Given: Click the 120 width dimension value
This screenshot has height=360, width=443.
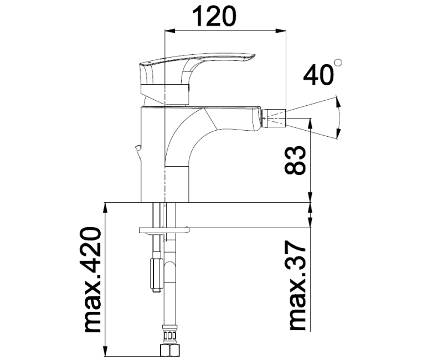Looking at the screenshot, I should coord(213,17).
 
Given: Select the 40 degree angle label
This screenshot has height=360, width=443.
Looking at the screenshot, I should coord(318,74).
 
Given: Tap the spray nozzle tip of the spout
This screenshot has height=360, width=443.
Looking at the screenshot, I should coord(276,117).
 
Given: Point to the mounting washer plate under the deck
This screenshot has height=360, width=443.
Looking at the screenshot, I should coord(163,229).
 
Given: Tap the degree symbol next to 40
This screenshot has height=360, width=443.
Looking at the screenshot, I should coord(338,63).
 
